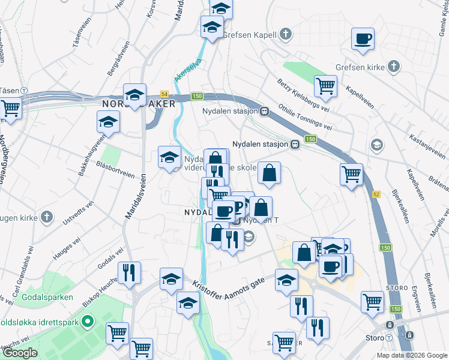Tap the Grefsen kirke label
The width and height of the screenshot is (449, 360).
click(360, 67)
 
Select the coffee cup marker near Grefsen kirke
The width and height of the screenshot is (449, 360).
click(363, 40)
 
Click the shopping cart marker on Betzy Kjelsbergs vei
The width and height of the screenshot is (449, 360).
click(325, 86)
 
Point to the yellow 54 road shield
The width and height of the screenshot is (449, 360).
click(164, 95)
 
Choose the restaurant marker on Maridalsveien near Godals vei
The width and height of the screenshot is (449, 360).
click(129, 274)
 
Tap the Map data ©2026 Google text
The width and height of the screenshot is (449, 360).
click(411, 355)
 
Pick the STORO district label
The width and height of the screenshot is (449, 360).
click(397, 287)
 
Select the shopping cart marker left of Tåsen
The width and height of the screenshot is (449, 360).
click(10, 109)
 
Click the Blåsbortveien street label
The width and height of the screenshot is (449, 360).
click(115, 172)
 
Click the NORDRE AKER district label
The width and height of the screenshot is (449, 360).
click(139, 104)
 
